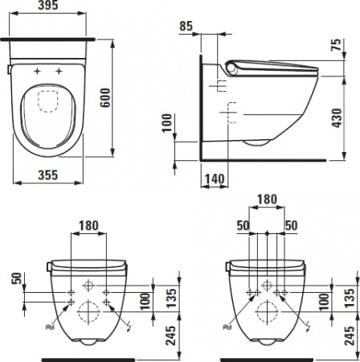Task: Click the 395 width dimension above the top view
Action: (51, 7)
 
